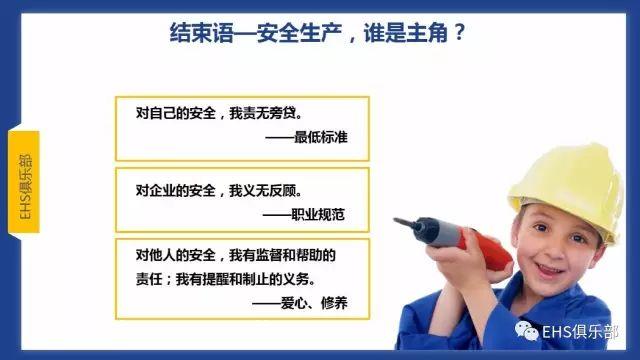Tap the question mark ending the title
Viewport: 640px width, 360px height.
tap(458, 32)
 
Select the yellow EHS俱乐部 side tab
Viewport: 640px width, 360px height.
tap(25, 180)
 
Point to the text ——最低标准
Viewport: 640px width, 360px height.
tap(319, 136)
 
